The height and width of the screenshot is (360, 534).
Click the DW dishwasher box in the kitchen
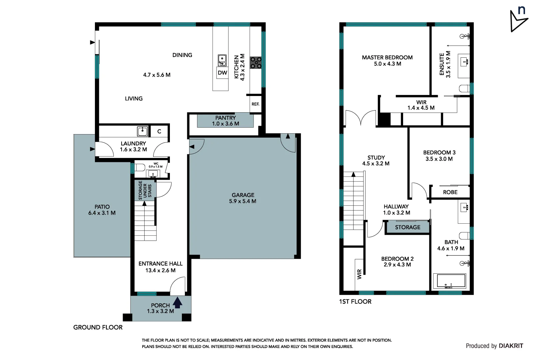[x=222, y=73]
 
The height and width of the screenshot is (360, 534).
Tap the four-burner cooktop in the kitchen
[x=256, y=63]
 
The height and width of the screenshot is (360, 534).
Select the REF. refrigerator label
[x=255, y=104]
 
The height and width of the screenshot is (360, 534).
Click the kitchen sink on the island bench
[x=222, y=60]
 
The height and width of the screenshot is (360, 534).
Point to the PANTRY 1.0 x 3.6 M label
[x=226, y=121]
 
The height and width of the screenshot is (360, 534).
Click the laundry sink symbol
[x=143, y=131]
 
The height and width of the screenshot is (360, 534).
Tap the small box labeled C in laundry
[x=159, y=131]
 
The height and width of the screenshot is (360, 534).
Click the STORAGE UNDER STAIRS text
[x=145, y=190]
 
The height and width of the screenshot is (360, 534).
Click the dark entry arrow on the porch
[x=178, y=302]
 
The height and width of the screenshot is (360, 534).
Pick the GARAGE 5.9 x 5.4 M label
[x=243, y=198]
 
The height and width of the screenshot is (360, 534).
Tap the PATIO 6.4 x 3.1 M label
[x=102, y=210]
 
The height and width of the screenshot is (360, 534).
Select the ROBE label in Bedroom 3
[x=450, y=192]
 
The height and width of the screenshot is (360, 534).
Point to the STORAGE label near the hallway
[x=407, y=227]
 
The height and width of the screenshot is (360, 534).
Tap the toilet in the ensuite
[x=464, y=89]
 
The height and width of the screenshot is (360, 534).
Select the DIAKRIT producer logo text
[x=511, y=346]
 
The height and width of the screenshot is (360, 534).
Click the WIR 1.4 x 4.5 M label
[x=421, y=105]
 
